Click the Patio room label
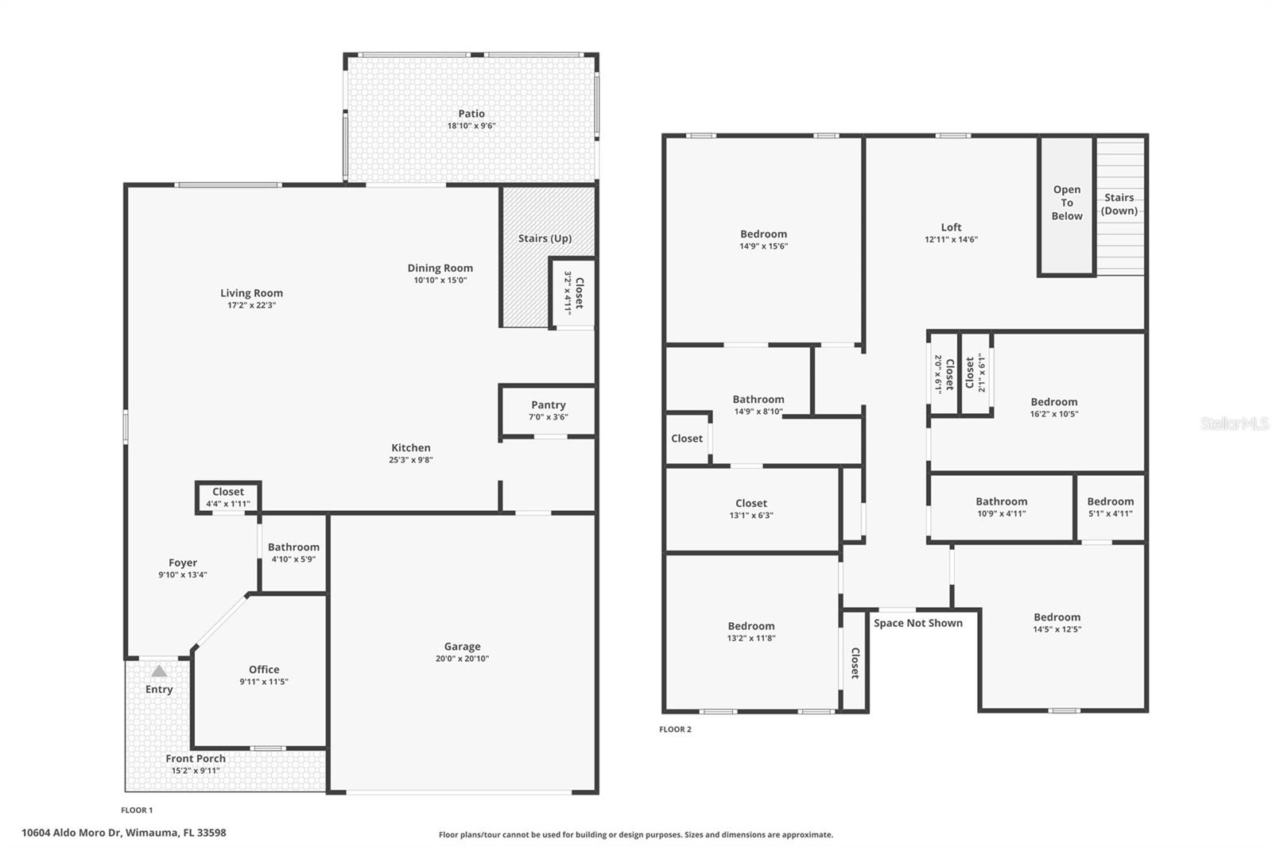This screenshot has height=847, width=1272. (471, 114)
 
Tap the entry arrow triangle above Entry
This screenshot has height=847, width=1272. (160, 671)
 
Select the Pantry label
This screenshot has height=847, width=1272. (548, 405)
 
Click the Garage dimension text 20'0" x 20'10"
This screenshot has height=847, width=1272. (462, 659)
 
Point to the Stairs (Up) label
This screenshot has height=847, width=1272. (545, 238)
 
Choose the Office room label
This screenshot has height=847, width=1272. (264, 670)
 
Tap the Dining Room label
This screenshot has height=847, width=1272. (440, 269)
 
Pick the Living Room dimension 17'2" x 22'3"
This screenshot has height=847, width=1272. (251, 305)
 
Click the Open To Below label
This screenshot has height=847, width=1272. (1067, 203)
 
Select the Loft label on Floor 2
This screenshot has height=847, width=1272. (951, 227)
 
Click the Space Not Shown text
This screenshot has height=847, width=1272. (917, 623)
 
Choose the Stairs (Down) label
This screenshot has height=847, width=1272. (1119, 204)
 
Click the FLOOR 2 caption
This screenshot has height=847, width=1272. (675, 729)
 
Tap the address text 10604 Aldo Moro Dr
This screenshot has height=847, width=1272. (123, 833)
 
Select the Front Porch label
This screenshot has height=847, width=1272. (196, 759)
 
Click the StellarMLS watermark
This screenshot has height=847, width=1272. (1234, 423)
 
